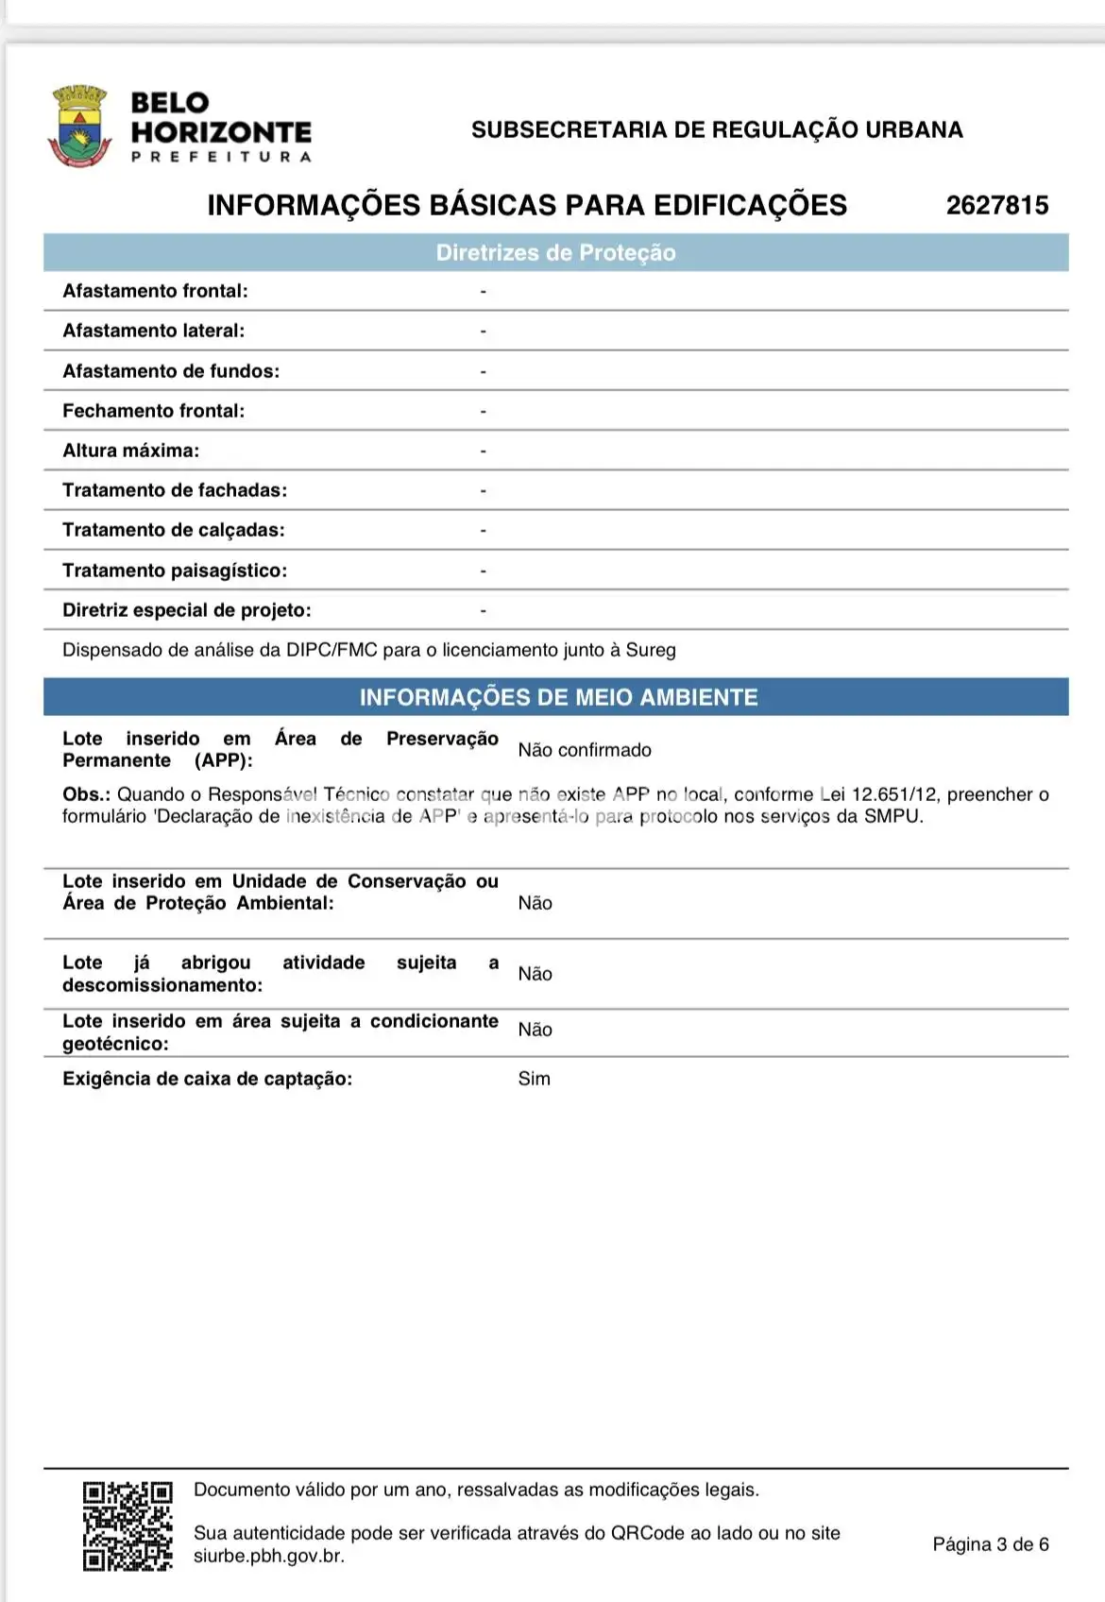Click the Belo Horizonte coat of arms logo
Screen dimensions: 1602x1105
tap(79, 126)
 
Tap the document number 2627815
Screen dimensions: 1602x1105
tap(997, 205)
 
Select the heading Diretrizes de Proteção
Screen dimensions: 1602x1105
tap(555, 253)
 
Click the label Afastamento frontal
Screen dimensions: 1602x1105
tap(155, 291)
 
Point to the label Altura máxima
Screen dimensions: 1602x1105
tap(130, 451)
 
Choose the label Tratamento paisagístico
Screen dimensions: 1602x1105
tap(175, 571)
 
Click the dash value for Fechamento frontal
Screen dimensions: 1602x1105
tap(483, 411)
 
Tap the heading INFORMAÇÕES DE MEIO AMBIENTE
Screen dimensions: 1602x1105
tap(558, 697)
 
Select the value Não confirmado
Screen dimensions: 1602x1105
tap(584, 750)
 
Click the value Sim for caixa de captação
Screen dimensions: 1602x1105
tap(534, 1079)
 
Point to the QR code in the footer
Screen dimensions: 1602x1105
tap(127, 1525)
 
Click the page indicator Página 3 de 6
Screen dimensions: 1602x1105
tap(991, 1544)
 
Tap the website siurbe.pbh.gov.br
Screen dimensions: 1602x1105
tap(268, 1556)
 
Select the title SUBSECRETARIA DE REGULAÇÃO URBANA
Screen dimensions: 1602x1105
tap(717, 129)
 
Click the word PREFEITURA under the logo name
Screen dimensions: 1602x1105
tap(221, 157)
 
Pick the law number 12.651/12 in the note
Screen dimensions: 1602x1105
tap(894, 794)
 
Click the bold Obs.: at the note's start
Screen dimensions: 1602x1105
tap(87, 794)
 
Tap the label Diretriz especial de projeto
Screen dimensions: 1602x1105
tap(186, 610)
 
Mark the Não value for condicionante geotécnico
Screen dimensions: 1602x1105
tap(535, 1030)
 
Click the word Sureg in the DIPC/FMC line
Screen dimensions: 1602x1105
tap(651, 650)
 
